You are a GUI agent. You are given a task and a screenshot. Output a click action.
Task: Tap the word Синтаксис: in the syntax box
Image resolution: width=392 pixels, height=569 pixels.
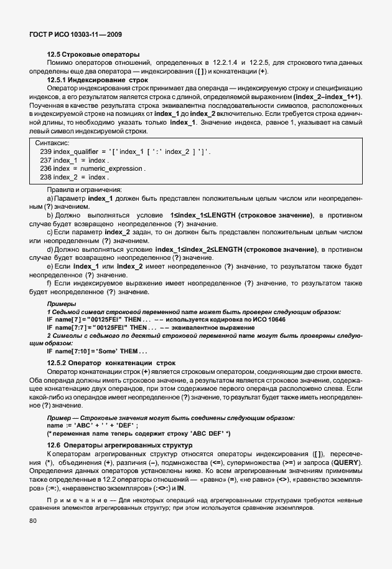pyautogui.click(x=52, y=143)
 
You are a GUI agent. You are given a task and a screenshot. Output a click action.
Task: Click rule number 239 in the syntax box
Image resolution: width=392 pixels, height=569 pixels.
pyautogui.click(x=45, y=151)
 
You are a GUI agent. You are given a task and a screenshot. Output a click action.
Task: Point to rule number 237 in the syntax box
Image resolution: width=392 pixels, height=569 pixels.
pyautogui.click(x=45, y=160)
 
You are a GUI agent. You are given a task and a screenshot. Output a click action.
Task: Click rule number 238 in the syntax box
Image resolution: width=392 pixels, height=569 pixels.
pyautogui.click(x=45, y=178)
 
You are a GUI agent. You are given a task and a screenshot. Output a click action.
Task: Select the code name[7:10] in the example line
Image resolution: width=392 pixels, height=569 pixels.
pyautogui.click(x=73, y=351)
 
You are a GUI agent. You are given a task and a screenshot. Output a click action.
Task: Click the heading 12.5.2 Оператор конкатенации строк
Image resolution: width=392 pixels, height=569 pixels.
pyautogui.click(x=103, y=363)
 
